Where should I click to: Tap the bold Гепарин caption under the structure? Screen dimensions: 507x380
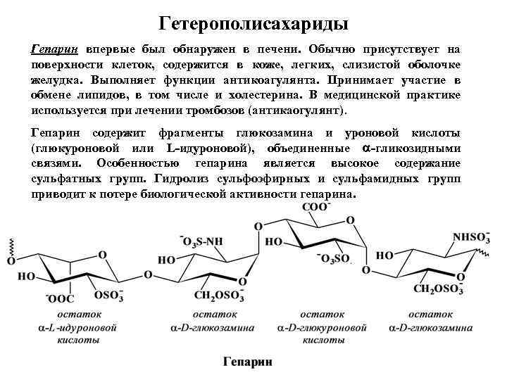tap(251, 362)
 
